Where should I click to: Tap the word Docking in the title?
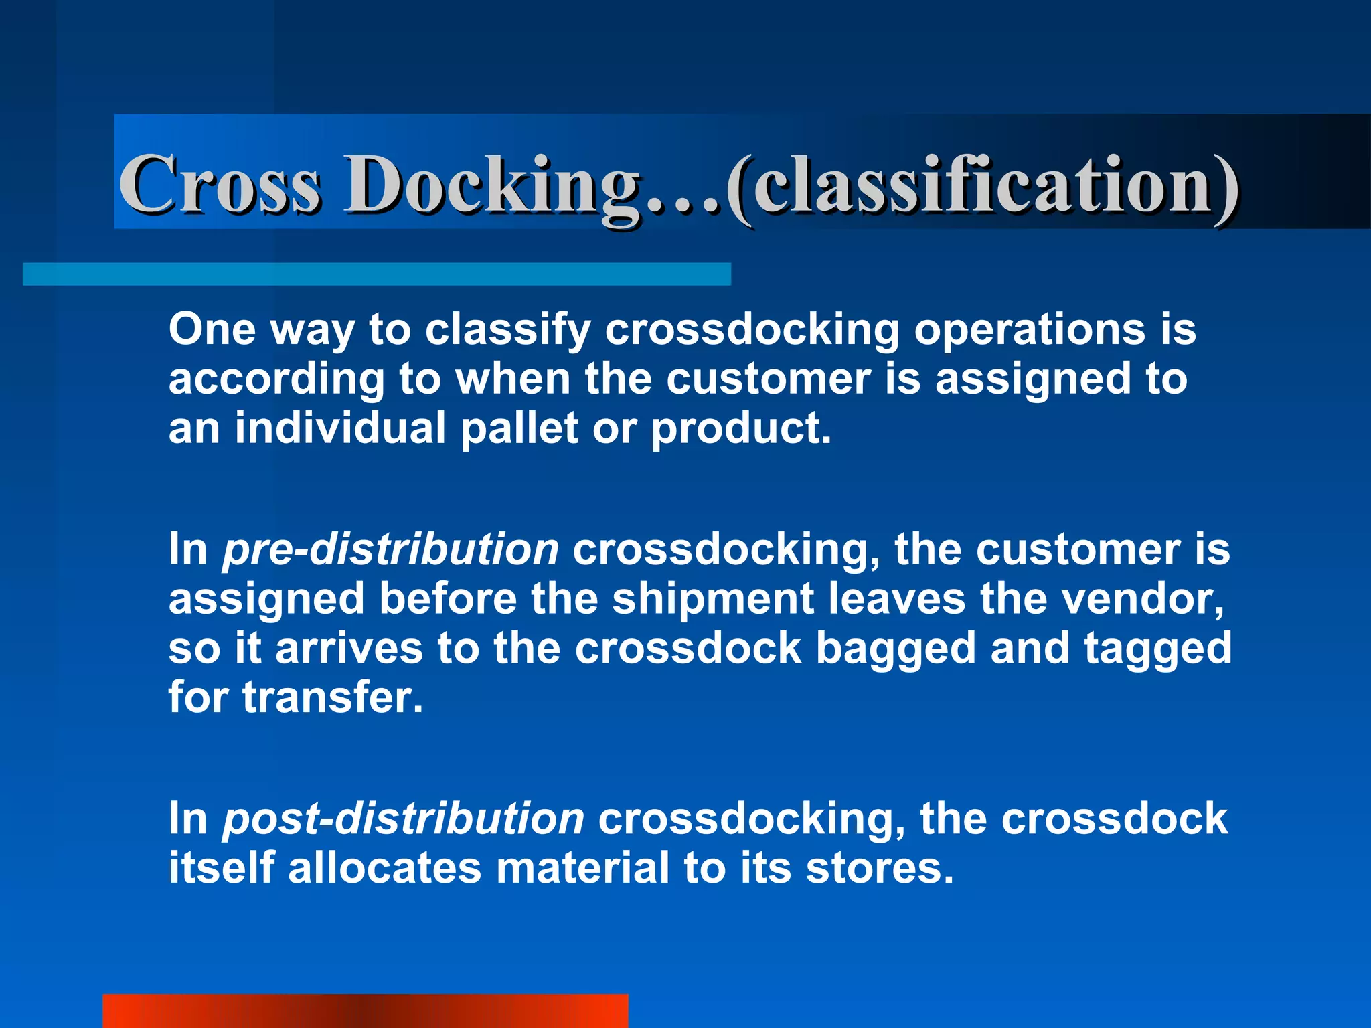(x=492, y=185)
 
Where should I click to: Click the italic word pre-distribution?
(x=390, y=549)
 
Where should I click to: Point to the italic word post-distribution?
(x=403, y=819)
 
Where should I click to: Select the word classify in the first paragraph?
(x=508, y=331)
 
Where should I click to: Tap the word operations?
(x=1030, y=331)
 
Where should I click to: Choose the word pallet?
(x=519, y=428)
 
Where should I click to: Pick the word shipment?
(x=713, y=599)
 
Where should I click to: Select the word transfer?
(x=333, y=697)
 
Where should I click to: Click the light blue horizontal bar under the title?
(x=376, y=274)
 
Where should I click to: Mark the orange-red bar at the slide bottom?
(x=365, y=1011)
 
